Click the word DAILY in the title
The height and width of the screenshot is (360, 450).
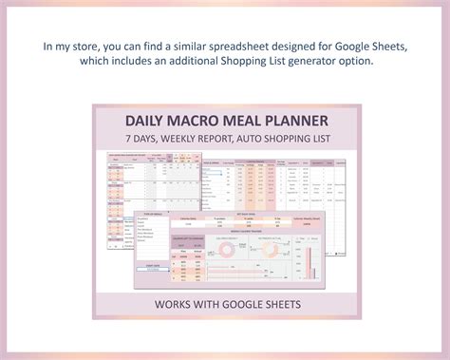pos(149,122)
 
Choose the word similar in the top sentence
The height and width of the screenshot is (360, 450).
pos(194,45)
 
